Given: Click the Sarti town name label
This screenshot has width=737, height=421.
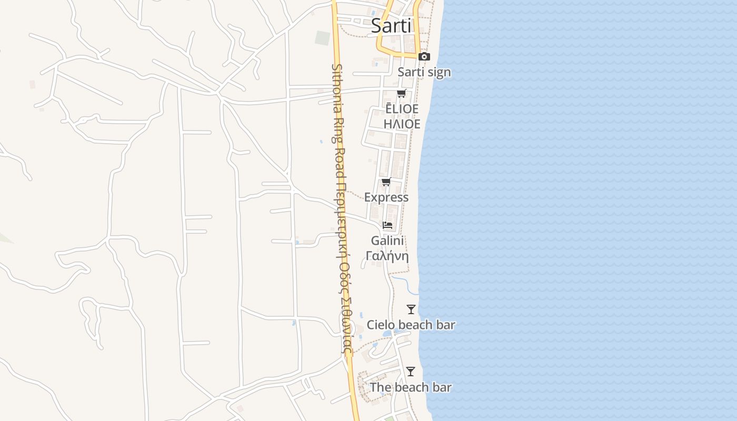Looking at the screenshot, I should coord(391,25).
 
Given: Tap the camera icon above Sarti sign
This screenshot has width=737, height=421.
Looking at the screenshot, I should coord(424,57).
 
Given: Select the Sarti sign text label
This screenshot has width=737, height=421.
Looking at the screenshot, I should coord(424,72).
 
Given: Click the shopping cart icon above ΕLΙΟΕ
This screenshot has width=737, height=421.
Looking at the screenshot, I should coord(402,94).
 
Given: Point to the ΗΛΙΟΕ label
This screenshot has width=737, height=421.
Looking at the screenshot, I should coord(402,124).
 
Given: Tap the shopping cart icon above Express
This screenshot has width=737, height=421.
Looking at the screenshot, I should coord(386,182).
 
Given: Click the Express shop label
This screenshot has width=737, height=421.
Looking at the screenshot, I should coord(386,197).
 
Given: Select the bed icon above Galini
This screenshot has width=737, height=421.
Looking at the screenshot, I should coord(387,225).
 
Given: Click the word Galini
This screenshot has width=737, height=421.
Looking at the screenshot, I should coord(387,240).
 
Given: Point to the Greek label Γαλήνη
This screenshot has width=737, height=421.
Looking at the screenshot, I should coord(387,256).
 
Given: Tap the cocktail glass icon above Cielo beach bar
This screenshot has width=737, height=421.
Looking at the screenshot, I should coord(411,309).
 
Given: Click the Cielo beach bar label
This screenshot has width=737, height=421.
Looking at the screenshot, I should coord(411,325).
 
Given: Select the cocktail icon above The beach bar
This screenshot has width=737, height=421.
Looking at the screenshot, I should coord(411,372).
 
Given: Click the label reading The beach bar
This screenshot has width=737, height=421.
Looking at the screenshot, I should coord(411,387).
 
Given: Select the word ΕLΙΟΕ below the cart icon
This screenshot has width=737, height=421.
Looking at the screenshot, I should coord(402,109).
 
